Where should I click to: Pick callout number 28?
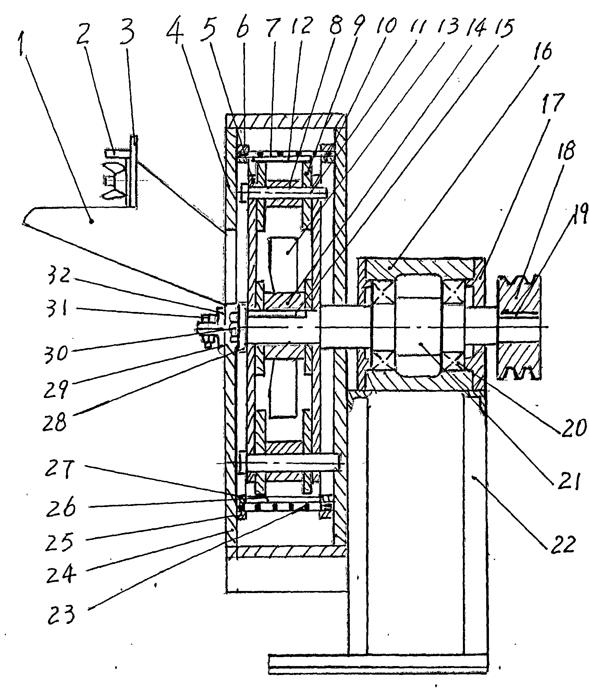54,422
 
